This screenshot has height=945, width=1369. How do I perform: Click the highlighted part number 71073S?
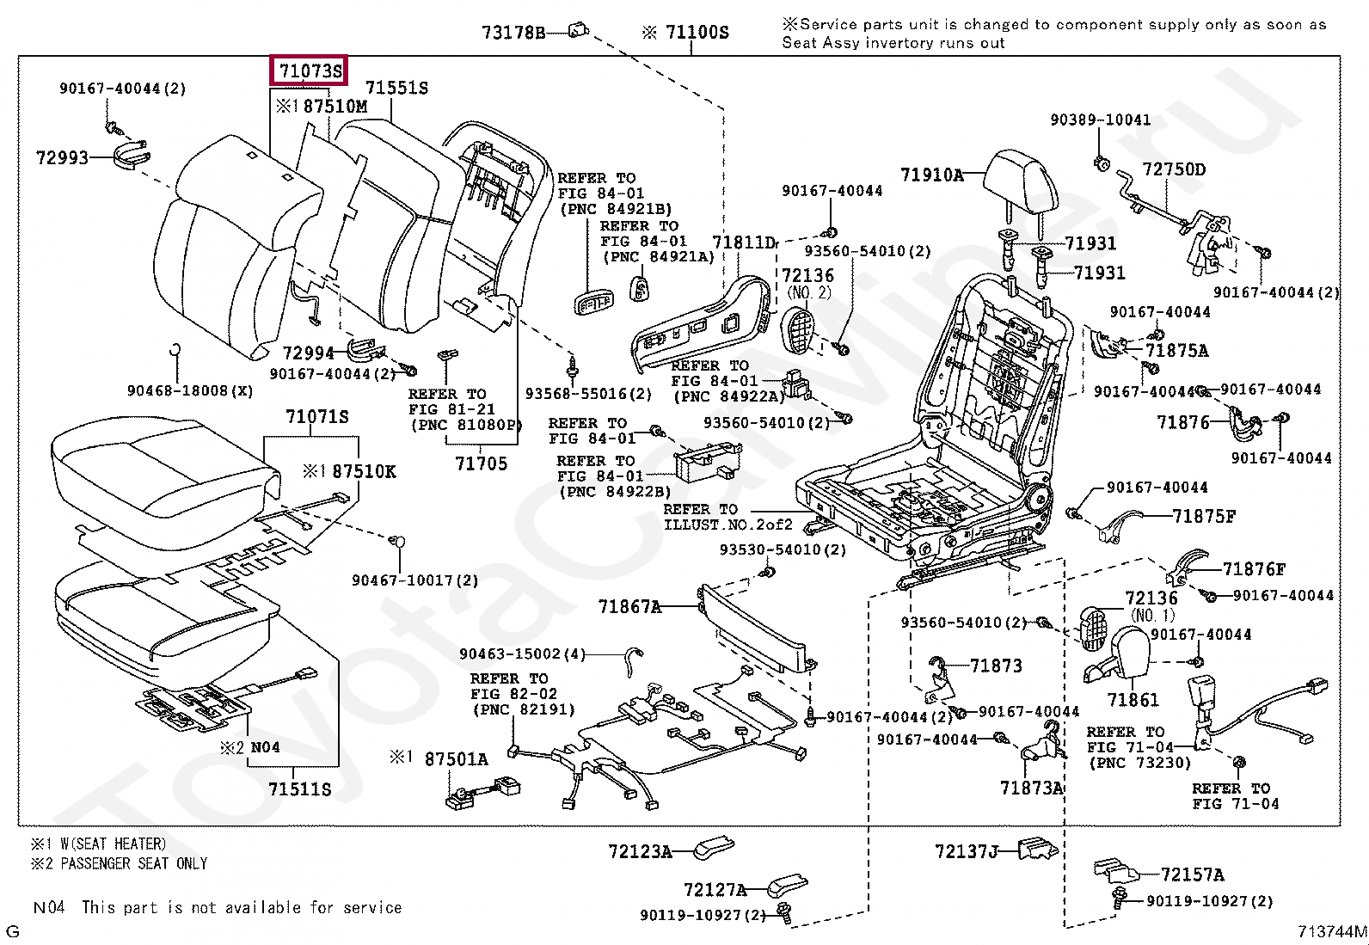[310, 71]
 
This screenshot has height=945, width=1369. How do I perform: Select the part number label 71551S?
[396, 88]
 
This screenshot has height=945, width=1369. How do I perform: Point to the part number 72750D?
[1174, 169]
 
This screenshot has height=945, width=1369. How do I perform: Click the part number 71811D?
[743, 242]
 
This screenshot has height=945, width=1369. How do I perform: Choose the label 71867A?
[629, 607]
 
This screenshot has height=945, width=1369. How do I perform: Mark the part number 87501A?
[456, 758]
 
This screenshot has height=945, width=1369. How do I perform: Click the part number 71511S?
[299, 789]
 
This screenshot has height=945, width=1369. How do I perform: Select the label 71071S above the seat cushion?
[316, 417]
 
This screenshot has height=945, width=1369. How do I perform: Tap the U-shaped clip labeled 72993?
[132, 156]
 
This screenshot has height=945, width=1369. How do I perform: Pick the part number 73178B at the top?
[513, 33]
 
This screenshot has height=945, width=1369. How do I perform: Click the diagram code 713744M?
[1332, 930]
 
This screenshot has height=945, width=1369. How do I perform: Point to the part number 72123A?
[640, 851]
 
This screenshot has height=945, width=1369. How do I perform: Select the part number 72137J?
[967, 851]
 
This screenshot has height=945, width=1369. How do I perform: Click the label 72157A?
[1192, 874]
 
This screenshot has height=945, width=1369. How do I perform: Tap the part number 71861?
[1133, 700]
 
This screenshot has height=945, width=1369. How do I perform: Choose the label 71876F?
[1254, 569]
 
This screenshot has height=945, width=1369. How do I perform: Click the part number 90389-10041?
[1100, 120]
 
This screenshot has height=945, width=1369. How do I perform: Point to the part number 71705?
[481, 463]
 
